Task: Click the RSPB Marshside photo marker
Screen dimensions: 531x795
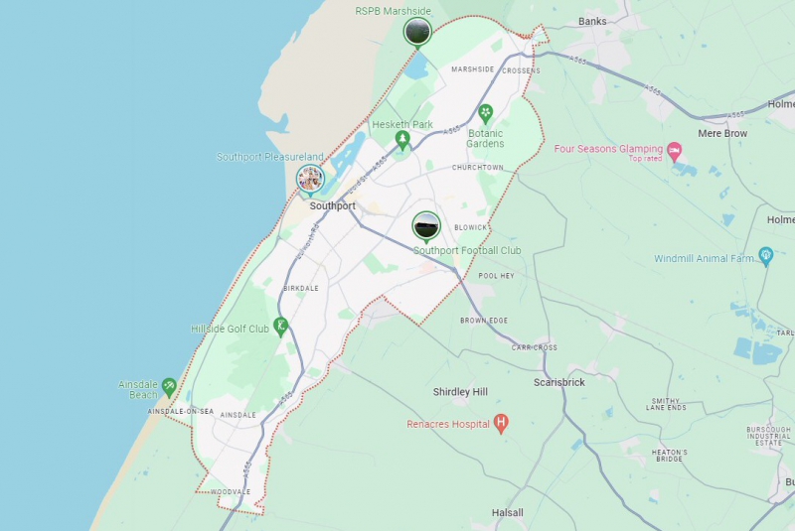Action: pyautogui.click(x=417, y=31)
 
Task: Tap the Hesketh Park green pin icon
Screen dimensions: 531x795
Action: pyautogui.click(x=402, y=139)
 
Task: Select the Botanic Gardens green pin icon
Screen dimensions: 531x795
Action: pyautogui.click(x=486, y=113)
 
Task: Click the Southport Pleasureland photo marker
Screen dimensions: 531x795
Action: pyautogui.click(x=311, y=179)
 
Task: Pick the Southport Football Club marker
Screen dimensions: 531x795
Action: pyautogui.click(x=426, y=226)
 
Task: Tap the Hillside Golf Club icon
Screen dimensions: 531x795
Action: pyautogui.click(x=281, y=325)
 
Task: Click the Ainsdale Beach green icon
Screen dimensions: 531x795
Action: pyautogui.click(x=169, y=384)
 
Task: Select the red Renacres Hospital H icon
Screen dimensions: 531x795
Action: pyautogui.click(x=501, y=424)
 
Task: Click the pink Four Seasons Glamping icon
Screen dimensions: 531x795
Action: pyautogui.click(x=675, y=150)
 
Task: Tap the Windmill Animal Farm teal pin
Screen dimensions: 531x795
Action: pyautogui.click(x=765, y=255)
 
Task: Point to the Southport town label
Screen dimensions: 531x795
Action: pyautogui.click(x=332, y=206)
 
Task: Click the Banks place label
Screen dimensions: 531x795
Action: pyautogui.click(x=592, y=21)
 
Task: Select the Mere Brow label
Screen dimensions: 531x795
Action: pyautogui.click(x=722, y=133)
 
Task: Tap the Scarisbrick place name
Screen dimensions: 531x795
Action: pyautogui.click(x=558, y=382)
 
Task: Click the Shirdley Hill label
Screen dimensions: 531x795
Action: pyautogui.click(x=460, y=392)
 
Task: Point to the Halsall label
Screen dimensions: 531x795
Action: pyautogui.click(x=508, y=512)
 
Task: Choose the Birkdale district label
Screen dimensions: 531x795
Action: pyautogui.click(x=301, y=288)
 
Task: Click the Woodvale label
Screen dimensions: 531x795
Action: pyautogui.click(x=231, y=492)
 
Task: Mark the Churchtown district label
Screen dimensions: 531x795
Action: pyautogui.click(x=477, y=168)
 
